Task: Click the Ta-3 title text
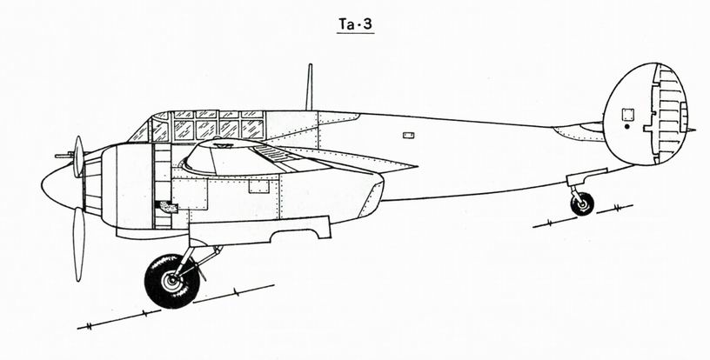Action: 356,24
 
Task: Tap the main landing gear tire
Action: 172,282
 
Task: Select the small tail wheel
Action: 582,204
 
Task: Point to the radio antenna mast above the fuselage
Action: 309,87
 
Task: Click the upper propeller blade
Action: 79,156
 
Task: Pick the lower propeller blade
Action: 79,244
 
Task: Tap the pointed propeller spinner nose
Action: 58,186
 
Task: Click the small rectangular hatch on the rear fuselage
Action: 408,136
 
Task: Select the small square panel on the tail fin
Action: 627,115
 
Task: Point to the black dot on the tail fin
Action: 626,127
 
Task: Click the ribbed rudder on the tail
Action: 669,113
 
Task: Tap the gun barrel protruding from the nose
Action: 64,156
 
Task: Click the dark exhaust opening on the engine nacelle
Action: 167,207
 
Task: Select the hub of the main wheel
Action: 172,283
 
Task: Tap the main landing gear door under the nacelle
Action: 259,231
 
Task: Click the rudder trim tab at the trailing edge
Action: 683,117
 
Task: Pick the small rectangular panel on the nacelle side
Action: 259,186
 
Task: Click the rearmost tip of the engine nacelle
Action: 384,183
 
